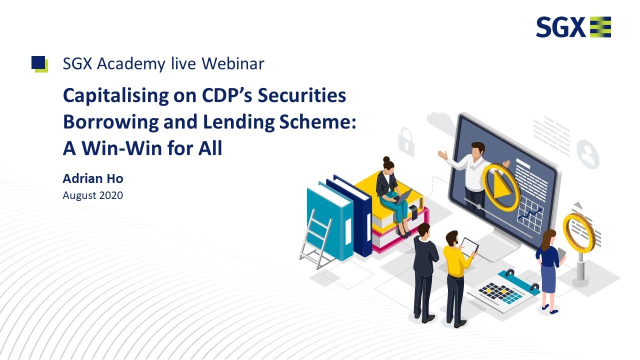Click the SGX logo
pos(573,27)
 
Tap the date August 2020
pos(92,195)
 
